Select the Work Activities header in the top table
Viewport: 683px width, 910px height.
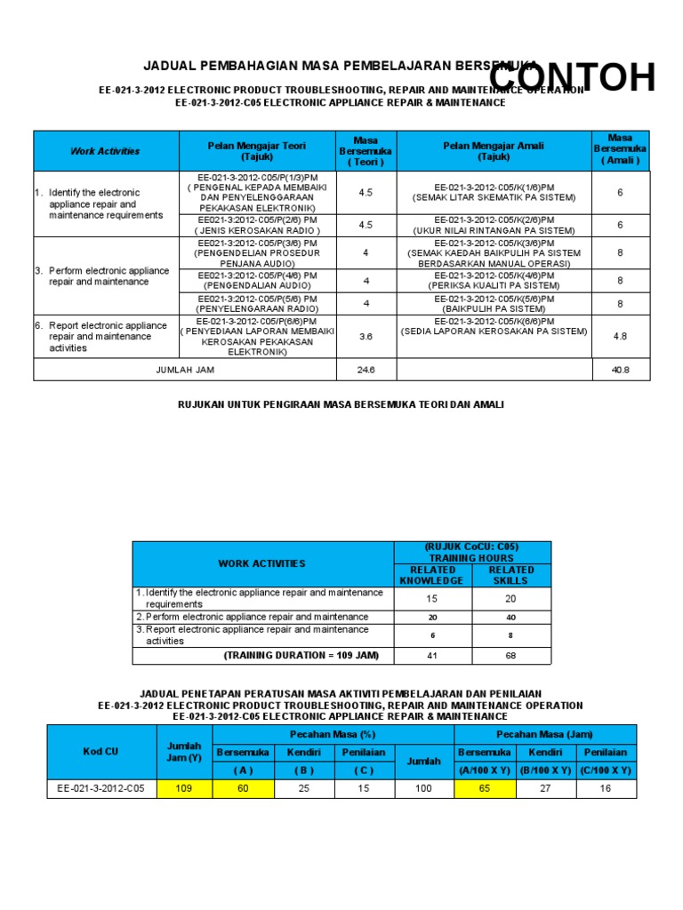(x=105, y=151)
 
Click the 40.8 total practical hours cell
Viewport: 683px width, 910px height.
(x=621, y=370)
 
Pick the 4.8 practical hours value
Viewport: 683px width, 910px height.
(x=621, y=337)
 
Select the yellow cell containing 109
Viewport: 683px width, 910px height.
(x=184, y=788)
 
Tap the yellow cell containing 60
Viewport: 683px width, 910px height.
(x=243, y=788)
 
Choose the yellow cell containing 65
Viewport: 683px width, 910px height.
(x=484, y=788)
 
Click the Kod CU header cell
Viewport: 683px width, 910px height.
(x=101, y=752)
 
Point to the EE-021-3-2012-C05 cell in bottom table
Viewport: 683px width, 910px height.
(x=101, y=788)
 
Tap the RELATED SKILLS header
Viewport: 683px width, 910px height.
(x=511, y=575)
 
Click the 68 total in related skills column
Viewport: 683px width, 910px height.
(x=511, y=656)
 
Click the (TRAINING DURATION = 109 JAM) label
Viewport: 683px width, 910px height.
(x=301, y=656)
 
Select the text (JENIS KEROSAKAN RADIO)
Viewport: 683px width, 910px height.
(x=256, y=230)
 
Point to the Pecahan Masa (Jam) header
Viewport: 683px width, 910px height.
(x=545, y=734)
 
